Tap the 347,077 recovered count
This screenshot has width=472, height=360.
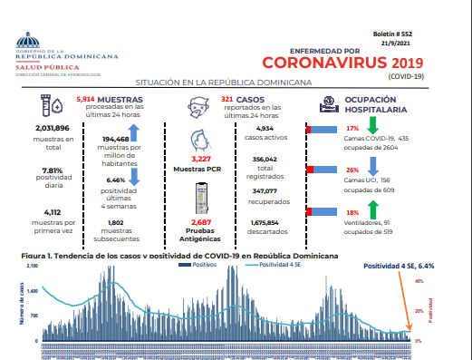(265, 191)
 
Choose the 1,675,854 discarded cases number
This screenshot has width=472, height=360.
(265, 222)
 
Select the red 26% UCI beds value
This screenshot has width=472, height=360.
(353, 170)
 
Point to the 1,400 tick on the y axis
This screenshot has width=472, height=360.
(33, 290)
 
